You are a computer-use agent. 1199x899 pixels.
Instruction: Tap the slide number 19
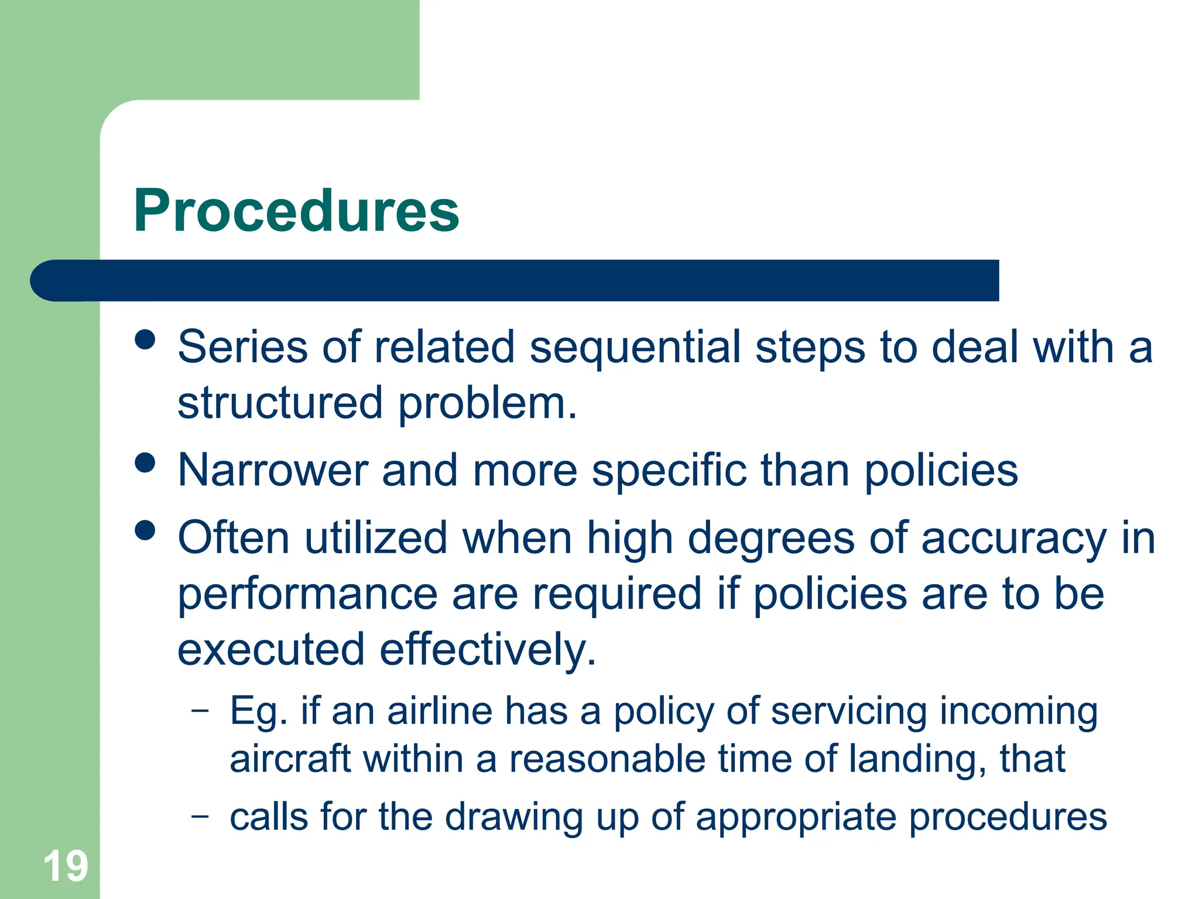point(65,866)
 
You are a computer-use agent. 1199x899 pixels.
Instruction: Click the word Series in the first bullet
point(242,347)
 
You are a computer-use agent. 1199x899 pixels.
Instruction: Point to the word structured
point(280,404)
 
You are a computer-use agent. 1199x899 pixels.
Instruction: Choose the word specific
point(669,471)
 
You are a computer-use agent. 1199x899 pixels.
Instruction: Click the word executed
point(271,650)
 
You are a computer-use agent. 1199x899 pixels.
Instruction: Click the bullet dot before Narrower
point(145,463)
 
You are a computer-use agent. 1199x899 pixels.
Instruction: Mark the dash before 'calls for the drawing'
point(200,815)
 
